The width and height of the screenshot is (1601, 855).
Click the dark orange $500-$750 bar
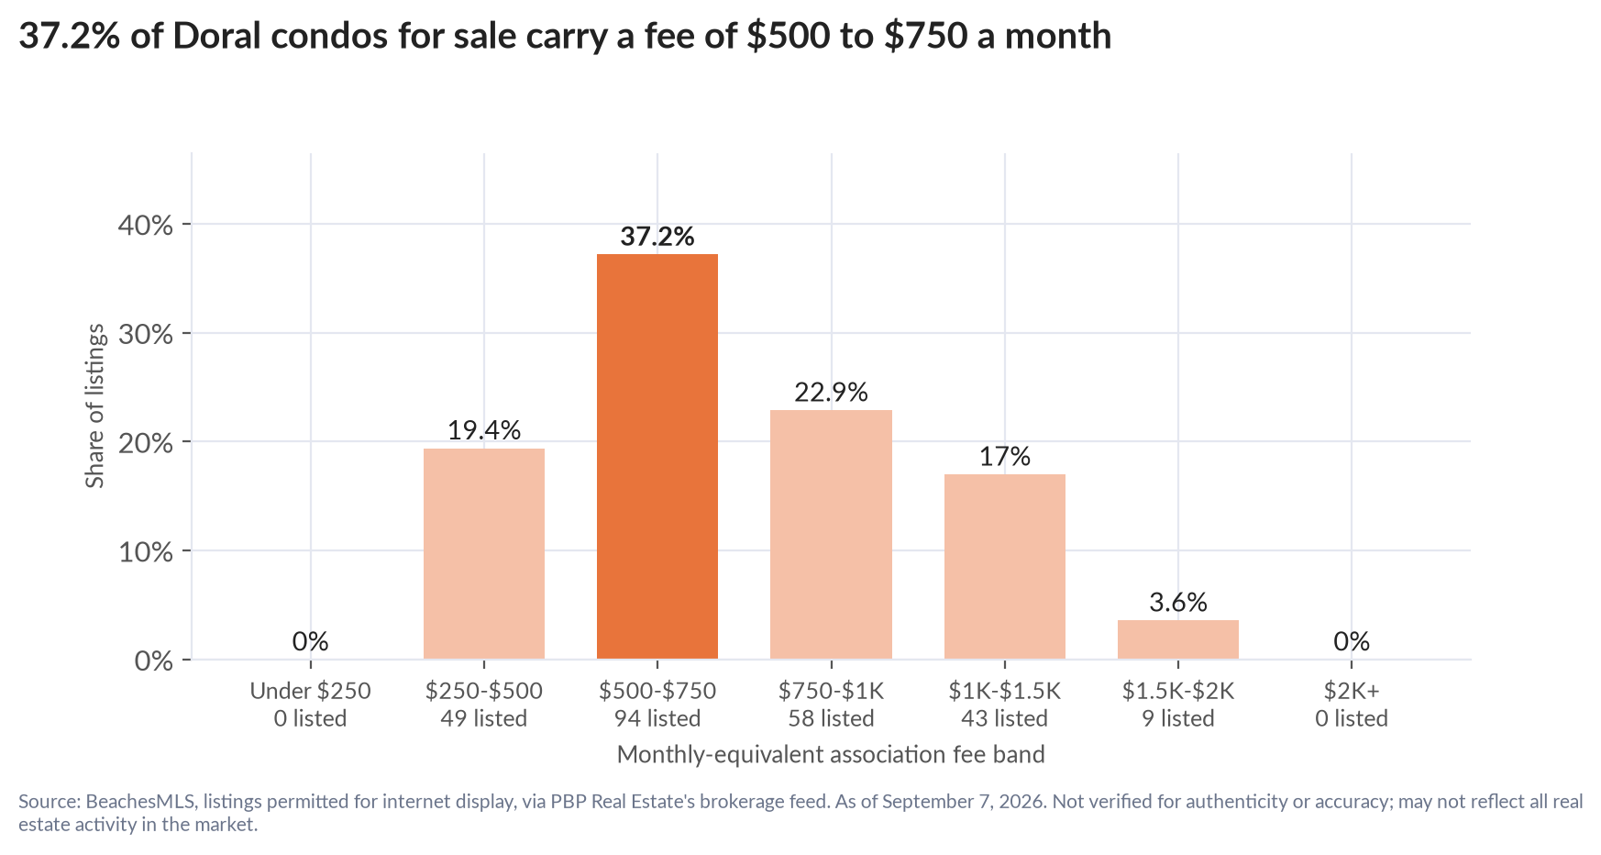(657, 456)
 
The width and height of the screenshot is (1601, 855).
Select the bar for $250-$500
(484, 553)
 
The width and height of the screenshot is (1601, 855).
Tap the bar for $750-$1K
(831, 534)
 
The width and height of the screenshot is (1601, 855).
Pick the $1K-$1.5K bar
(1005, 566)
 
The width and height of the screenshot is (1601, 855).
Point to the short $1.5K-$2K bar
(1178, 639)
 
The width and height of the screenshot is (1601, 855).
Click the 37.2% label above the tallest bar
(657, 237)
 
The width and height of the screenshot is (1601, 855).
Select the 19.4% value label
(484, 430)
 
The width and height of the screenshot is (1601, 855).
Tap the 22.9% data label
(831, 393)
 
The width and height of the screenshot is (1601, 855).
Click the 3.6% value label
(1178, 603)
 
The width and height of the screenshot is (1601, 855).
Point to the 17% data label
(1005, 457)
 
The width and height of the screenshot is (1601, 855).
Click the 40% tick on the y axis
(146, 225)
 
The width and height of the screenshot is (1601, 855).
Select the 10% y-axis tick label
(146, 551)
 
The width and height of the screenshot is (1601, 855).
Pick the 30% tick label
(146, 334)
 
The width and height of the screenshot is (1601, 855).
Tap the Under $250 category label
(311, 691)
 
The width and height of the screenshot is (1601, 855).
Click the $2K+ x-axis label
(1352, 691)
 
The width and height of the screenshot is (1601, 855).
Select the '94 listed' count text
(657, 718)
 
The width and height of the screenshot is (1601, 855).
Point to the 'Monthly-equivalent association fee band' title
(831, 755)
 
